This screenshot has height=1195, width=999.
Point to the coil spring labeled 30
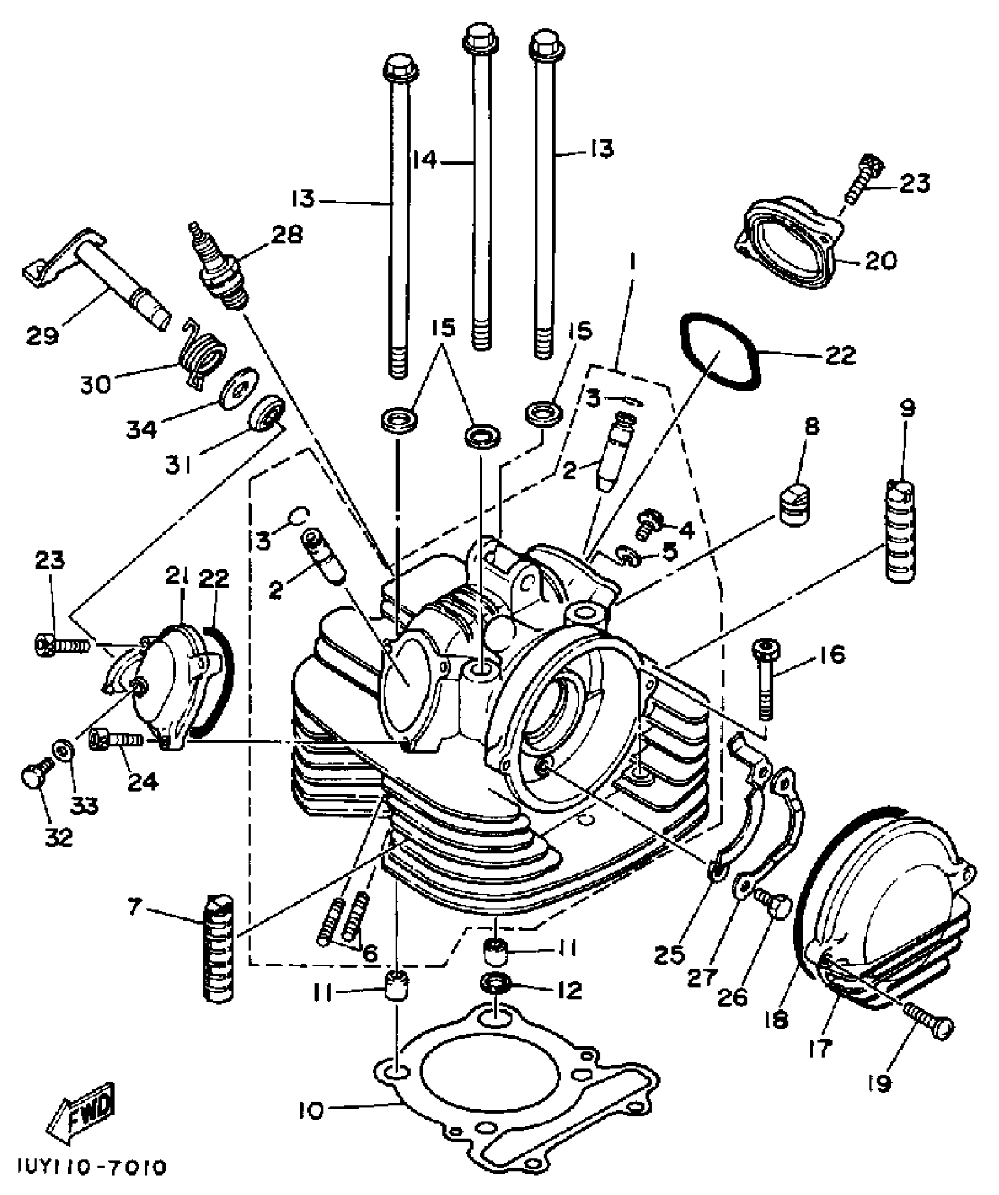(203, 354)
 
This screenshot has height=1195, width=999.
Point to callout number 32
(59, 836)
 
